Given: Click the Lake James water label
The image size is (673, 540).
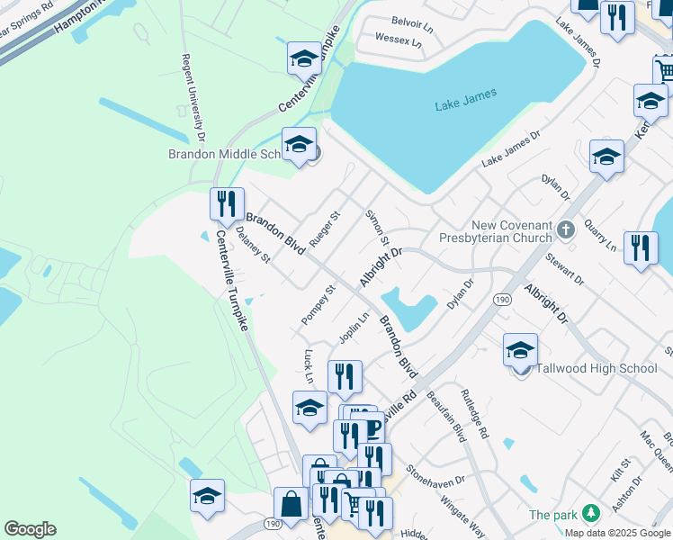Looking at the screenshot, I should coord(465,105).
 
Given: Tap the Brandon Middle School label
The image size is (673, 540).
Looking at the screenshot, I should coord(226,154).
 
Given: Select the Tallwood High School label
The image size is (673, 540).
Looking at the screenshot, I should coord(597,368).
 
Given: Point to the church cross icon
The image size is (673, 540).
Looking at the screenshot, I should coord(566,230).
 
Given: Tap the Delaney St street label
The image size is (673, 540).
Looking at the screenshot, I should coord(253,245).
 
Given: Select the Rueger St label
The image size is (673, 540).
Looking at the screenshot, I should coord(325,229).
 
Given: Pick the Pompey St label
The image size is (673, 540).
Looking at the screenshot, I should coord(318,304).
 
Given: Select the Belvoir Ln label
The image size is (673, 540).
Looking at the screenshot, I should coord(412,20).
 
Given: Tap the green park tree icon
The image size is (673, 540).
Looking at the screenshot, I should coord(590,513).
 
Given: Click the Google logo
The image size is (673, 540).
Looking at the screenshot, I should coord(30,529).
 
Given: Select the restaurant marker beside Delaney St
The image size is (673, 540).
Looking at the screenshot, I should coord(227,204).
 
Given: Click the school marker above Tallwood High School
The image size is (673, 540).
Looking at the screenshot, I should coord(520,351).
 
